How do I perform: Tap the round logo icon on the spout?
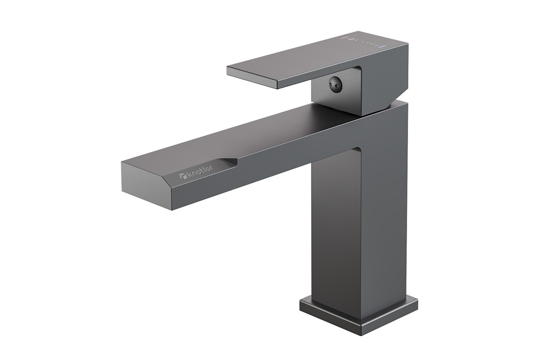pyautogui.click(x=183, y=176)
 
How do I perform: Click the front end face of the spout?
pyautogui.click(x=146, y=186)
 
